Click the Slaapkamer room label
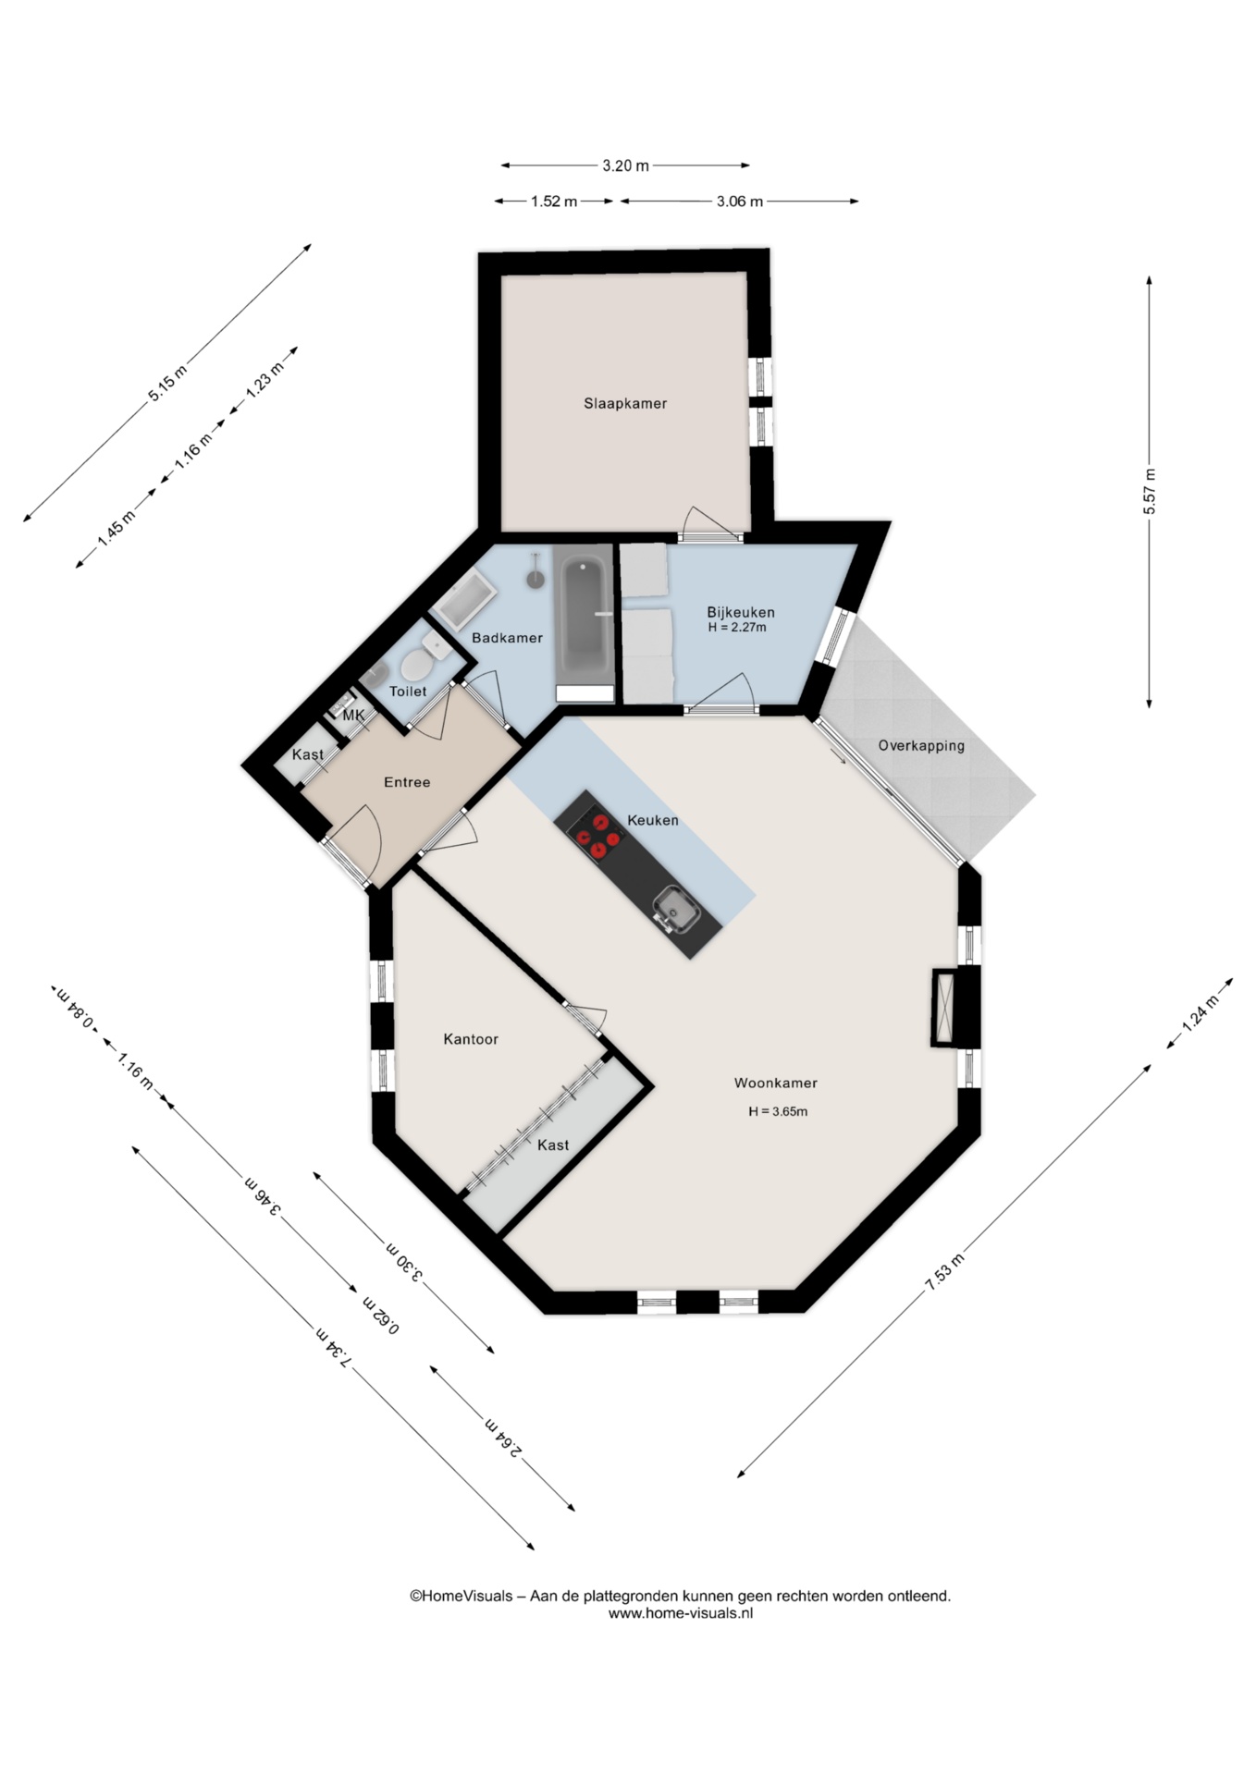coord(625,403)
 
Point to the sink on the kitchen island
coord(675,908)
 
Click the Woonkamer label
coord(776,1083)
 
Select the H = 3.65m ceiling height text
coord(778,1111)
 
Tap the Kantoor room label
coord(471,1039)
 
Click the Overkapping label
coord(921,746)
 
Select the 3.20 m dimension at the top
coord(625,165)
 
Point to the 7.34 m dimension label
coord(333,1347)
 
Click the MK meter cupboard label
coord(353,716)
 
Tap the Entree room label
coord(407,782)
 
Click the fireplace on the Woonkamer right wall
coord(944,1007)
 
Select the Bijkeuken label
coord(741,612)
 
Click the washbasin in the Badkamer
coord(467,599)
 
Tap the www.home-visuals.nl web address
coord(681,1613)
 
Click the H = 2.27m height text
coord(737,628)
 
